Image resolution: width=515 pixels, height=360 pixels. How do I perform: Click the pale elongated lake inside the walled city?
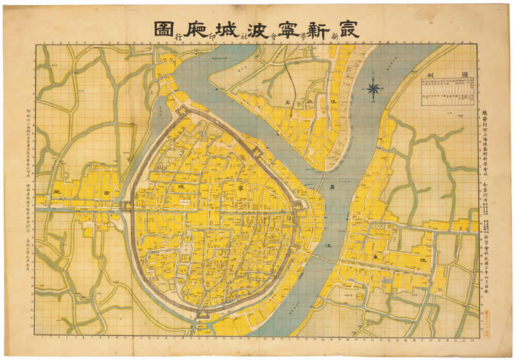(x=187, y=248)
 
